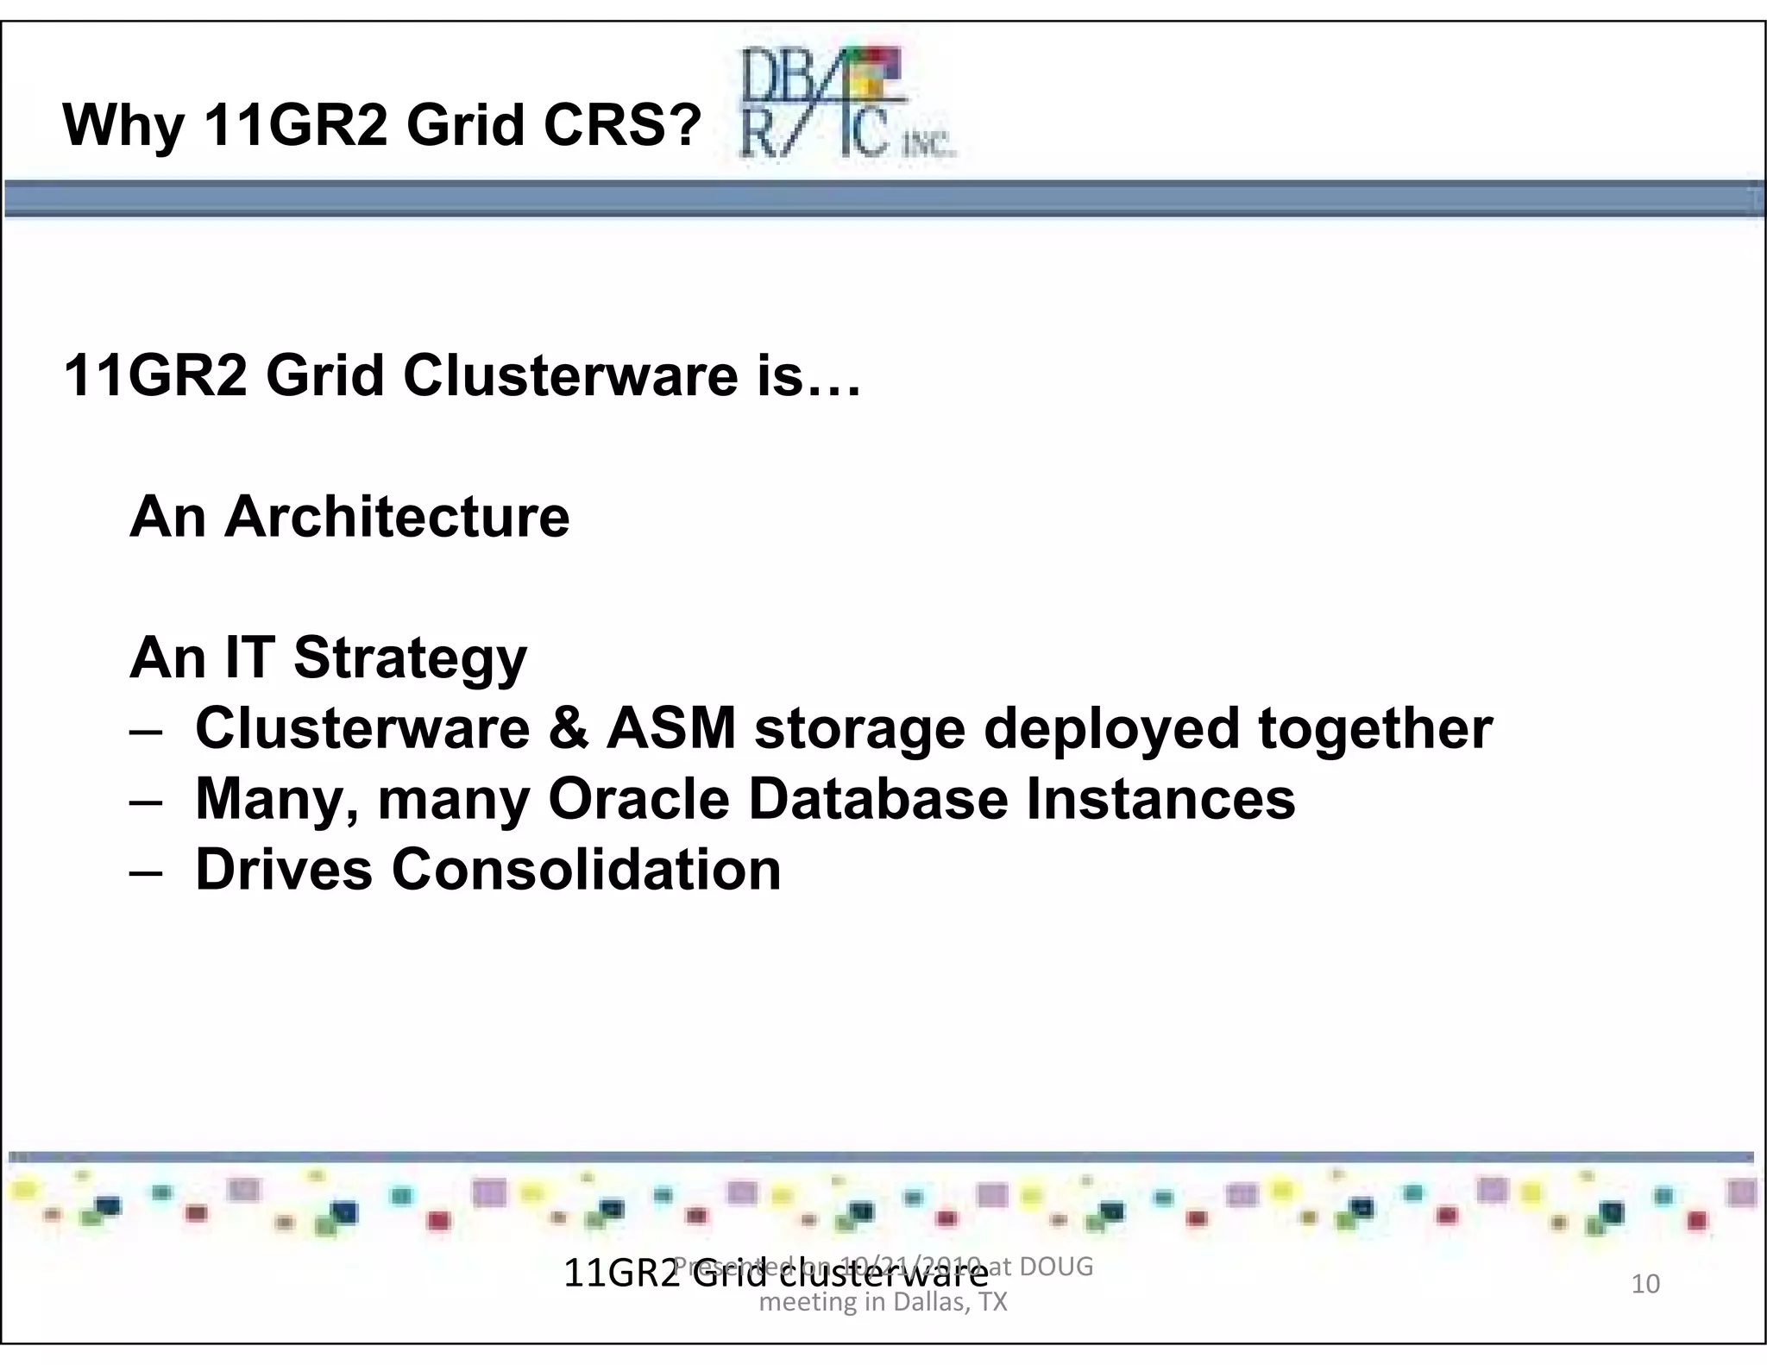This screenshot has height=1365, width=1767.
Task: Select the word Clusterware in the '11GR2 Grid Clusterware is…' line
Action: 569,376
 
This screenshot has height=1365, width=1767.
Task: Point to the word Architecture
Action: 397,517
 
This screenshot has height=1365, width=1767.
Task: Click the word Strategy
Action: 410,659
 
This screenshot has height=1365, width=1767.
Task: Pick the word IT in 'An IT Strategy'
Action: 249,657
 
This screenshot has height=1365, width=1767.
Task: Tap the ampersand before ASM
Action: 567,729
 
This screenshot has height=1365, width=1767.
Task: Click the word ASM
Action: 671,729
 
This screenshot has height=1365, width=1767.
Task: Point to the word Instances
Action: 1160,799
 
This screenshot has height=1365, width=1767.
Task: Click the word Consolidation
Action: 586,870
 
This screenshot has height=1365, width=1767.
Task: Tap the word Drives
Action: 284,870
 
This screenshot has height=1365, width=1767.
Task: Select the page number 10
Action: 1645,1284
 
